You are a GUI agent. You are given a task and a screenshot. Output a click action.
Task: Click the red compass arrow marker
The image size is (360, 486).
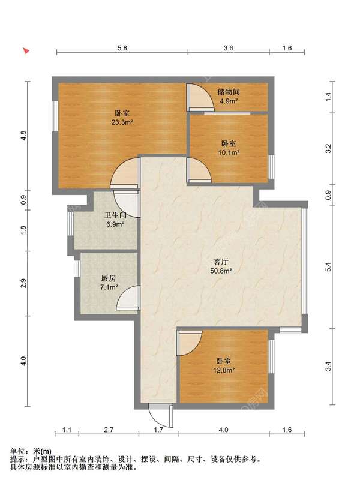(26, 50)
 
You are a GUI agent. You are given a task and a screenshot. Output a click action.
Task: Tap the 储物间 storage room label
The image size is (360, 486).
(229, 92)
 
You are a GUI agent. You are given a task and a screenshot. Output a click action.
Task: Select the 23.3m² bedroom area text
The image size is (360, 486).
(122, 122)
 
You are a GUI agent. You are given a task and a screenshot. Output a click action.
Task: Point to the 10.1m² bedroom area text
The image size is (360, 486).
(229, 152)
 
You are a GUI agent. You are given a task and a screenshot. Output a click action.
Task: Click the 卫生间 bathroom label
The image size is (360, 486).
(115, 215)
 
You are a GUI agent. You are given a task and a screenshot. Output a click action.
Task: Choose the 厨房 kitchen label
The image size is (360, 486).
(109, 278)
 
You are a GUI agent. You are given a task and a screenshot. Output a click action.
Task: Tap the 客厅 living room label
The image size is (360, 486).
(221, 262)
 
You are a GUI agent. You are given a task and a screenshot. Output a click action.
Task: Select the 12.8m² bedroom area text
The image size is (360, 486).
(224, 370)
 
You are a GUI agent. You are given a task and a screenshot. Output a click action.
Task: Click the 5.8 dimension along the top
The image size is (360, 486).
(122, 48)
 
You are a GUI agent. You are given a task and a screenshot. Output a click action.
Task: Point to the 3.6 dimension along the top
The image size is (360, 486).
(228, 48)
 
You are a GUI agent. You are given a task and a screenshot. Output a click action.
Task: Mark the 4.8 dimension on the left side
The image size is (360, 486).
(23, 136)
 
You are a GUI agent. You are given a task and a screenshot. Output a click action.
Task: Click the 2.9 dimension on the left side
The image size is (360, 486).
(23, 283)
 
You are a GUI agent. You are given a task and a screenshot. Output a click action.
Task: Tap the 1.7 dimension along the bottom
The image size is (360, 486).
(158, 430)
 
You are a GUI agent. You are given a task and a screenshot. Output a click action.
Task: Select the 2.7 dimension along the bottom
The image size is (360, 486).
(109, 430)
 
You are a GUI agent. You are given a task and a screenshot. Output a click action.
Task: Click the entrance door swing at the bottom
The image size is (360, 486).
(160, 415)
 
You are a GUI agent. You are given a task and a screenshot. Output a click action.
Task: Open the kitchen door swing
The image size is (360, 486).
(128, 298)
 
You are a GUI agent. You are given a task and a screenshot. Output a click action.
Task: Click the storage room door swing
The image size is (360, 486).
(200, 97)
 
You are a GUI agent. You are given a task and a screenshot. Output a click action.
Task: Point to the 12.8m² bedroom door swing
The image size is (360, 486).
(189, 343)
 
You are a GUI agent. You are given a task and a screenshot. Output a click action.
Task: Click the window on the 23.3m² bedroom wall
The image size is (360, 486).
(55, 116)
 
